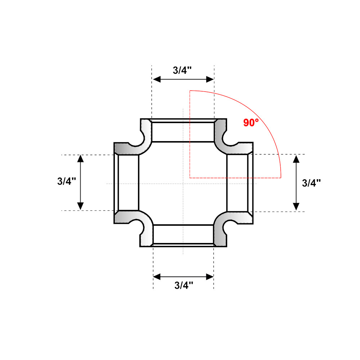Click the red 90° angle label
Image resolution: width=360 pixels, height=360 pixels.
[x=251, y=123]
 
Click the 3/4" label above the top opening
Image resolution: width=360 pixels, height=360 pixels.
[x=182, y=70]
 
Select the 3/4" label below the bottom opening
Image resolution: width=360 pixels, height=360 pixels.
[x=184, y=285]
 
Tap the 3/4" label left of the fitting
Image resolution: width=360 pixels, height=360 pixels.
[x=67, y=181]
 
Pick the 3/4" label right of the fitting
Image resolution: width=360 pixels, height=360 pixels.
[x=311, y=183]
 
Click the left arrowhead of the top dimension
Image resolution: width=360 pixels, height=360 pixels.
[x=157, y=80]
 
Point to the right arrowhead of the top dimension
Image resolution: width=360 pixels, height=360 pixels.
[x=210, y=80]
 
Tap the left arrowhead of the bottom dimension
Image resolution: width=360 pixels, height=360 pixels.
[x=157, y=277]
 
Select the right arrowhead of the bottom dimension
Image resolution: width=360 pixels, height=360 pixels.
[x=210, y=277]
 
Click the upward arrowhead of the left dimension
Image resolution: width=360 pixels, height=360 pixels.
[x=80, y=159]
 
